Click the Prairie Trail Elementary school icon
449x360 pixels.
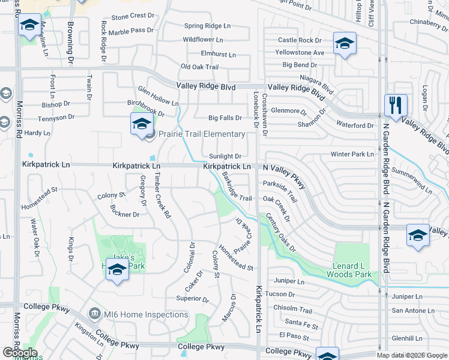141,124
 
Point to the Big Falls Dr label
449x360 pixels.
225,118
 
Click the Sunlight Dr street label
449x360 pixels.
225,156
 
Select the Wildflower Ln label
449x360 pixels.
203,40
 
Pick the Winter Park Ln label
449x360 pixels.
352,154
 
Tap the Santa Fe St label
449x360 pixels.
301,325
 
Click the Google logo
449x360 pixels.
20,353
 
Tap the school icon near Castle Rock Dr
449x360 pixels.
345,43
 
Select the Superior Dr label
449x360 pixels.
192,299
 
